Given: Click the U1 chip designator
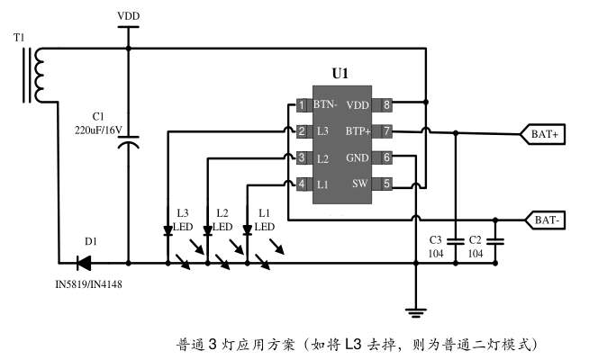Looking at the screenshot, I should click(x=340, y=74).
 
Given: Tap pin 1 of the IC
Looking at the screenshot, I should click(x=302, y=105).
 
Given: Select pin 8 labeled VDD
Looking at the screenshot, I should click(x=386, y=105).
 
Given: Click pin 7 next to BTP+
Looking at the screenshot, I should click(x=386, y=131).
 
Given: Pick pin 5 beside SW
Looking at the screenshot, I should click(x=386, y=184).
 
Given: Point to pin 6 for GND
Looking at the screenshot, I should click(x=386, y=157).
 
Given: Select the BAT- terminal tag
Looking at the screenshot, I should click(x=546, y=220).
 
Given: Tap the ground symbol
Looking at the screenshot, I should click(x=415, y=312).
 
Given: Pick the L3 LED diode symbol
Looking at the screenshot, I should click(x=168, y=230).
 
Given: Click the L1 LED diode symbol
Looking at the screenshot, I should click(x=247, y=230).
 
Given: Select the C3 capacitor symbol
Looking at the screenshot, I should click(x=456, y=241).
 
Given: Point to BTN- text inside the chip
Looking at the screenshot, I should click(x=325, y=105).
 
